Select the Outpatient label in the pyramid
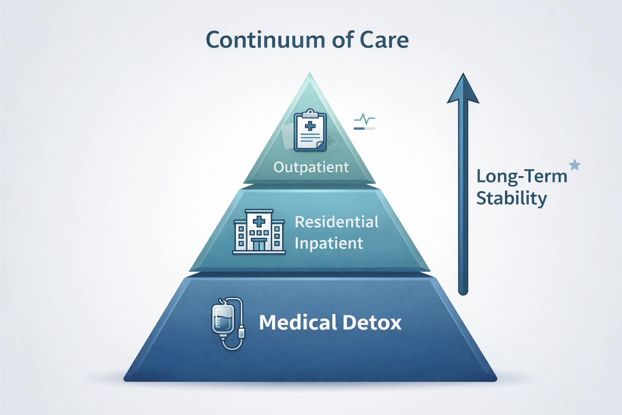click(311, 167)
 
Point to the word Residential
click(337, 222)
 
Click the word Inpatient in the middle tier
click(329, 243)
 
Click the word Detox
click(372, 323)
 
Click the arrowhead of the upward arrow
click(463, 90)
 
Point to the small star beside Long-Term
click(575, 165)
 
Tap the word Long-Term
click(522, 176)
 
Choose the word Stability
click(511, 198)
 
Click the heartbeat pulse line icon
click(364, 120)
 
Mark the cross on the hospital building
click(259, 221)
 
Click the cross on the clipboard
click(310, 126)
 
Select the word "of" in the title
click(338, 40)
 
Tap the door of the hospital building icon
click(259, 244)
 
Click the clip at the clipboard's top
click(310, 112)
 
